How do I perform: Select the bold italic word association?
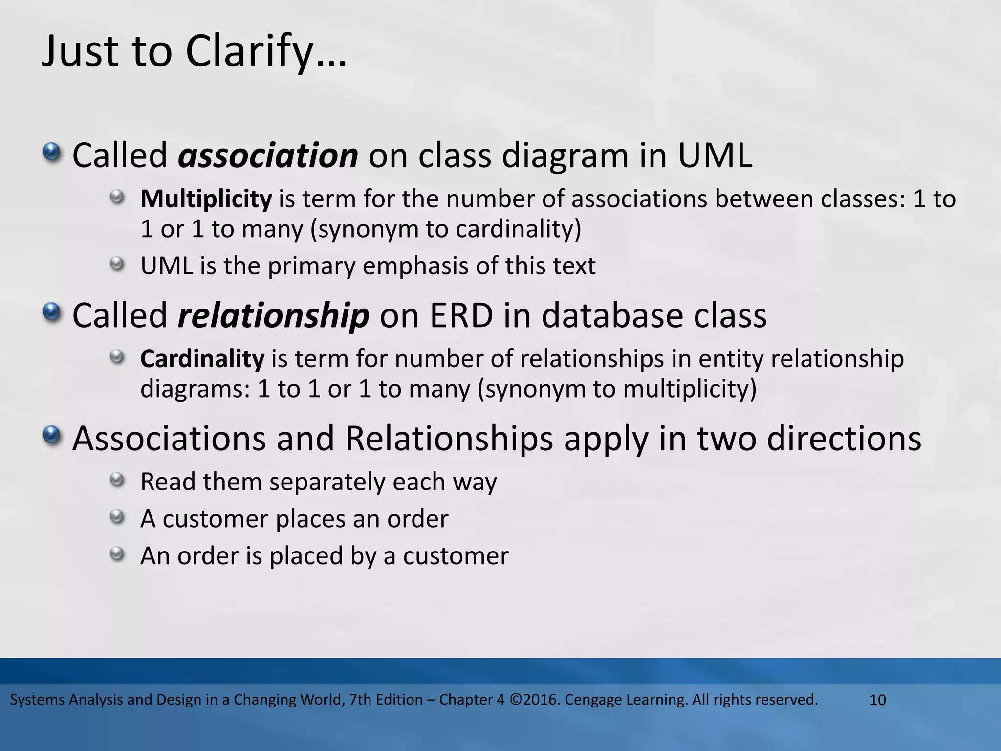(268, 155)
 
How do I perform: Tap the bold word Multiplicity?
(206, 199)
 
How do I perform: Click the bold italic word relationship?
(273, 315)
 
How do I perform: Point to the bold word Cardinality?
(202, 359)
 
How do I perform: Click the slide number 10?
(878, 700)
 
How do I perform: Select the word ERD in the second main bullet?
(461, 315)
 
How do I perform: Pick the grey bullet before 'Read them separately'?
(117, 480)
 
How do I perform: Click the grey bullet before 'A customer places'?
(117, 517)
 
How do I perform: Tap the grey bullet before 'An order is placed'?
(117, 554)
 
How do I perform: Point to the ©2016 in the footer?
(535, 700)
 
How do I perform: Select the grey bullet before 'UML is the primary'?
(117, 264)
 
